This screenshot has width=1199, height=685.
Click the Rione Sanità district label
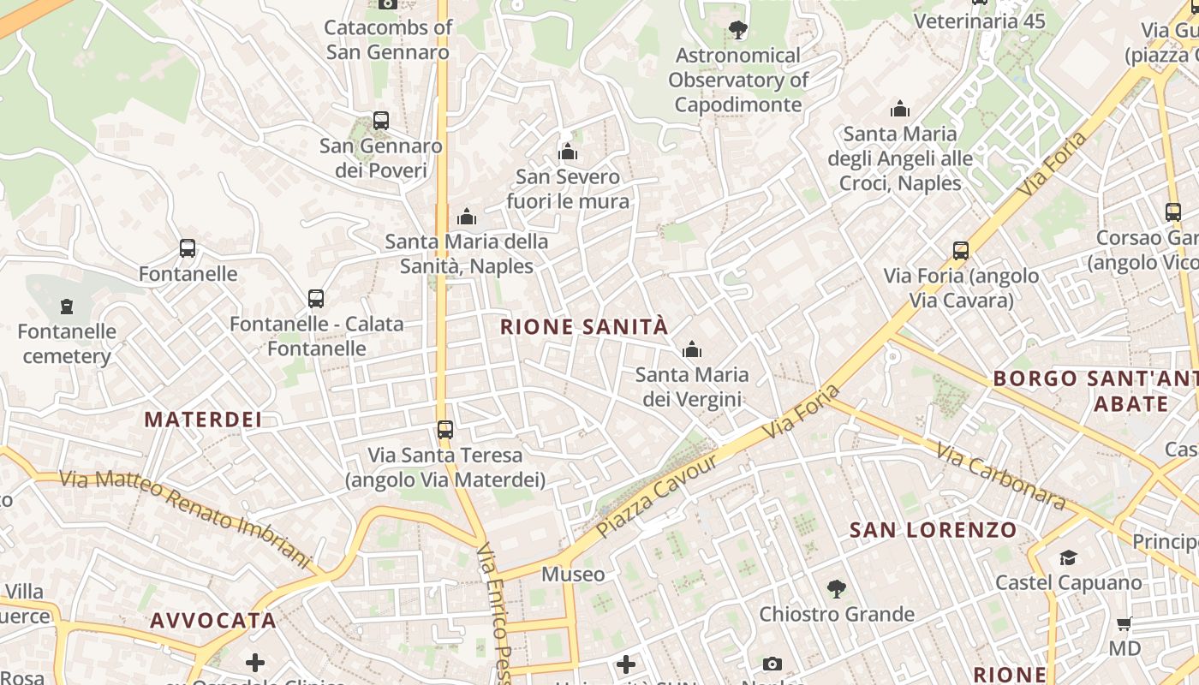(583, 327)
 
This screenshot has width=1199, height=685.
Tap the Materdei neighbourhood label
(203, 420)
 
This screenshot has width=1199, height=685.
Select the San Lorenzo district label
(933, 530)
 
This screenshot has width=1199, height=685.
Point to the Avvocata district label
(213, 620)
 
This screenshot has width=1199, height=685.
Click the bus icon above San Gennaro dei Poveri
(381, 121)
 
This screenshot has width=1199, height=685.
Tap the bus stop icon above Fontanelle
(188, 248)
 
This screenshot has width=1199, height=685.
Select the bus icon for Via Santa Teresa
(445, 429)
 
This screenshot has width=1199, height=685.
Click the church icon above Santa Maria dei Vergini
(692, 349)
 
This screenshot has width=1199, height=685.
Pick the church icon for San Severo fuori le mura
(568, 152)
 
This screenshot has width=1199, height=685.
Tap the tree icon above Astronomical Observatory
(738, 31)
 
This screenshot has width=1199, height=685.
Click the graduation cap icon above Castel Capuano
(1068, 558)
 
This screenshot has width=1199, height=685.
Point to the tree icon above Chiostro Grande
(837, 589)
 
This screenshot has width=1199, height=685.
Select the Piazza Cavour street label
(656, 497)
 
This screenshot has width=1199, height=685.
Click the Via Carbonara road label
(999, 475)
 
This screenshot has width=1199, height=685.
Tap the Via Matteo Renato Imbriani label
(185, 517)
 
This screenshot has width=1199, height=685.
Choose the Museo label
(573, 574)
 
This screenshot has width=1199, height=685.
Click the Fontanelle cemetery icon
(67, 306)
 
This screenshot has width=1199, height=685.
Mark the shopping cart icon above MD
(1124, 623)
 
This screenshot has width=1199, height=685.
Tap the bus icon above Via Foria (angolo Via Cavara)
(961, 251)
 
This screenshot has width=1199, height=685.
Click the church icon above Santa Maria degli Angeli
(900, 109)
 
